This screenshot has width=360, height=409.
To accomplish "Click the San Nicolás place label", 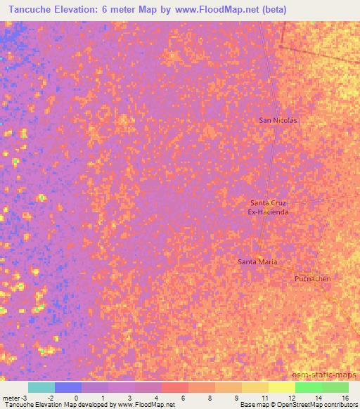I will coord(278,120).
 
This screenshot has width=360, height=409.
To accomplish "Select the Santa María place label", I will coord(257,262).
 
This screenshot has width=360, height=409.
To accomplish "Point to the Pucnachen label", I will coord(312,278).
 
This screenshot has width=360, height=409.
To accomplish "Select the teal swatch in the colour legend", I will coord(41,387).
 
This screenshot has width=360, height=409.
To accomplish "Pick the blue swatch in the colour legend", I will coord(68,387).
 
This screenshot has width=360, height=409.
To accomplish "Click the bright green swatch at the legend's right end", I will coord(335,387).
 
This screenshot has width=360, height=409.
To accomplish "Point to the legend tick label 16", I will coord(345,397).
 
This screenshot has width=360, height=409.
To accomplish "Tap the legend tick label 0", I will coord(77,397).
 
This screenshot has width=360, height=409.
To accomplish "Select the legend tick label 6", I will coord(184,397).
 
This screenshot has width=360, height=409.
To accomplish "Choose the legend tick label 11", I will coord(264,397).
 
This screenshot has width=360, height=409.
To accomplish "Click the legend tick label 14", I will coord(317,397).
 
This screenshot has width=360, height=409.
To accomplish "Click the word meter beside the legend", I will coord(12,397).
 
